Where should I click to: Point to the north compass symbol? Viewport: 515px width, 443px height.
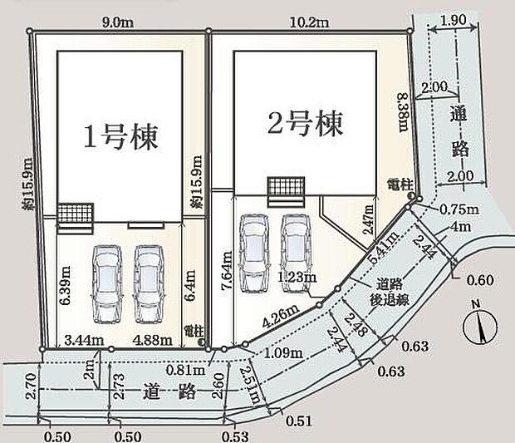pos(478,325)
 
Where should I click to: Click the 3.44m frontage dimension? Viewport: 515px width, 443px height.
pos(83,338)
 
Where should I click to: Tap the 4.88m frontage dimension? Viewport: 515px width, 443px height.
pos(150,338)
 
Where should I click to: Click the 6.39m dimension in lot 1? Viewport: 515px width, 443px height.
pos(63,282)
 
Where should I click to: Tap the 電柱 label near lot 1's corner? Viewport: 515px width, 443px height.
pos(194,329)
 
